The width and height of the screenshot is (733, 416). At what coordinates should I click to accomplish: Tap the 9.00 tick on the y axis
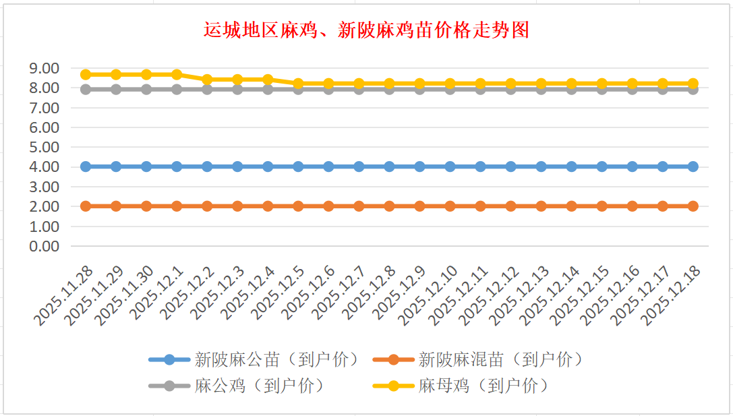click(44, 68)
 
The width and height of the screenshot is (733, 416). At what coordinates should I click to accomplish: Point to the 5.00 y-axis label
click(44, 147)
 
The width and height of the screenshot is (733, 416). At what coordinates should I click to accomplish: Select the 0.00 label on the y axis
click(44, 246)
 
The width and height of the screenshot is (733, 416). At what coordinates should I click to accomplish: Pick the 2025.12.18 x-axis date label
click(672, 294)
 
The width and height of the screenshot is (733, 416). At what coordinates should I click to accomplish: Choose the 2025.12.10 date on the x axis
click(430, 294)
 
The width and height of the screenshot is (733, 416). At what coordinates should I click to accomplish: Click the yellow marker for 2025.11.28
click(86, 74)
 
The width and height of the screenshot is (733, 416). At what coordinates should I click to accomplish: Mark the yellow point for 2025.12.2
click(207, 80)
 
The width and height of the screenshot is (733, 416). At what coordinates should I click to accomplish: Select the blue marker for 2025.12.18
click(693, 167)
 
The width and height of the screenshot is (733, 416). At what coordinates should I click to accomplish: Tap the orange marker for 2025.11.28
click(86, 206)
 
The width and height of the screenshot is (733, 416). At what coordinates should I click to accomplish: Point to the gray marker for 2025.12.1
click(177, 89)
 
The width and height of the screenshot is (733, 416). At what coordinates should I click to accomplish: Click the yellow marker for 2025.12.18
click(693, 84)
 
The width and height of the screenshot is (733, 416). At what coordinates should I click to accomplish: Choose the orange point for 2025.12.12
click(510, 206)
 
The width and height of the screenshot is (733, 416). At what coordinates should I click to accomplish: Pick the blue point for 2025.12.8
click(389, 167)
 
